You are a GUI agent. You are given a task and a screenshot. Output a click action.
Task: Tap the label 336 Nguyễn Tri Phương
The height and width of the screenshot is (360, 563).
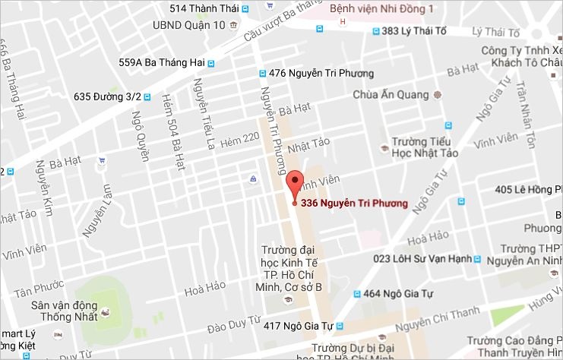(x=354, y=203)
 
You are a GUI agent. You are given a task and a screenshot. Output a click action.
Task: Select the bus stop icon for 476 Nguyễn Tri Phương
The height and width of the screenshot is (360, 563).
(x=262, y=74)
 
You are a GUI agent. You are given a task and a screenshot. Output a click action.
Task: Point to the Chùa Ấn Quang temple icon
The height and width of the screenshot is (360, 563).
(x=436, y=95)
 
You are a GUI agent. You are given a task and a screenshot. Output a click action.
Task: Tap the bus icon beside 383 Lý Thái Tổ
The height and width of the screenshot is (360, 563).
(x=376, y=31)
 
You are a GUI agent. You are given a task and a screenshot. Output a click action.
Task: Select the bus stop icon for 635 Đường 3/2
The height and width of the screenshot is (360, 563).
(x=147, y=97)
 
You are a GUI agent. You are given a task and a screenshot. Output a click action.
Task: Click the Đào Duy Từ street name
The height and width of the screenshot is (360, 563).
(x=234, y=324)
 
